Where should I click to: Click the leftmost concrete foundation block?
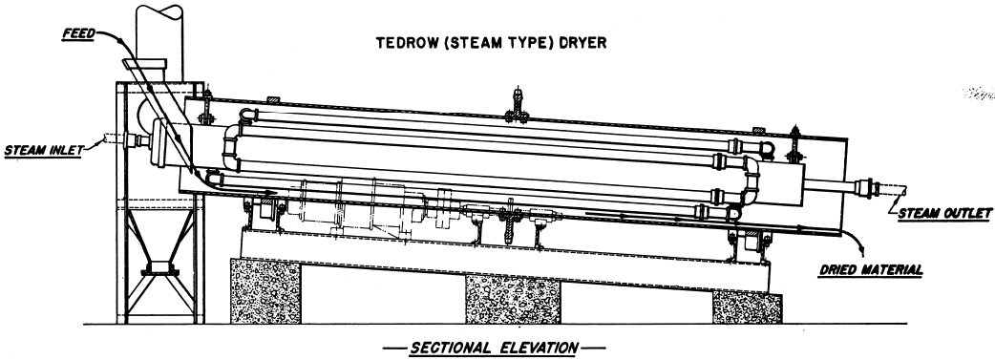click(x=262, y=291)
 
